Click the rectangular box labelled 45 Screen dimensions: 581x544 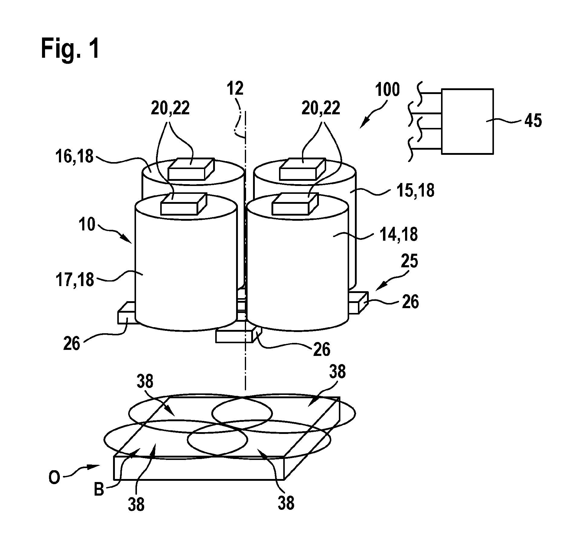(x=467, y=121)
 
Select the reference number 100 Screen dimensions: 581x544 (x=388, y=90)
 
